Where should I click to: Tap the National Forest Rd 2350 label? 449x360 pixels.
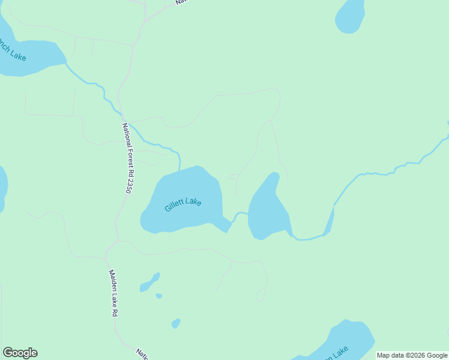pyautogui.click(x=127, y=158)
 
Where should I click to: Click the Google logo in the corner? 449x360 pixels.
pyautogui.click(x=20, y=353)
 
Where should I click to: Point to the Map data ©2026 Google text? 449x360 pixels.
pyautogui.click(x=412, y=355)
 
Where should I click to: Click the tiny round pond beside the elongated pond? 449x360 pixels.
pyautogui.click(x=158, y=296)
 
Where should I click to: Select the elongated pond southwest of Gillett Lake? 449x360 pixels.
pyautogui.click(x=149, y=283)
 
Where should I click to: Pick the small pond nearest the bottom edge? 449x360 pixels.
pyautogui.click(x=175, y=323)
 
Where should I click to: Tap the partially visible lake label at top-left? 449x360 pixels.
pyautogui.click(x=12, y=52)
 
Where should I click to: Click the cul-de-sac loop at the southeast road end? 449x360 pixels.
pyautogui.click(x=261, y=295)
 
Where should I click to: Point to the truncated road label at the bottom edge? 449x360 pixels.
pyautogui.click(x=143, y=354)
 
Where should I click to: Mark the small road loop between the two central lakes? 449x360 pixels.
pyautogui.click(x=234, y=176)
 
